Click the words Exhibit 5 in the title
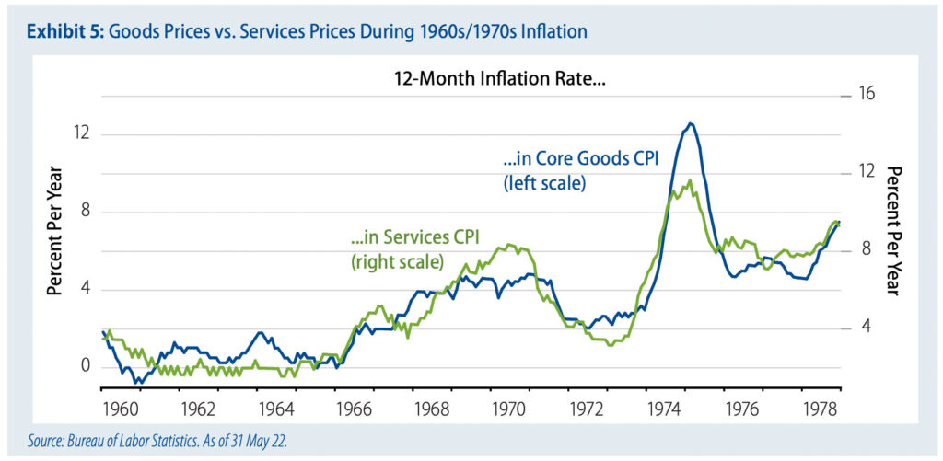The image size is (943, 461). click(x=65, y=32)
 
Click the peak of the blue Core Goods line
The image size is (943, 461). click(x=690, y=123)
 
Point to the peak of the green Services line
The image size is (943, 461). click(x=690, y=180)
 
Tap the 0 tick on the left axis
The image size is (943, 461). click(x=87, y=367)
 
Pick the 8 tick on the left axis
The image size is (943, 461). click(x=87, y=212)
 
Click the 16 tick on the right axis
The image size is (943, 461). click(x=867, y=94)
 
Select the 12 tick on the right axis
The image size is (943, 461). click(x=867, y=172)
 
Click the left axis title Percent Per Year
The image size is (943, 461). click(x=55, y=230)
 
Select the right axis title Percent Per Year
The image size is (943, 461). click(x=892, y=230)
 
